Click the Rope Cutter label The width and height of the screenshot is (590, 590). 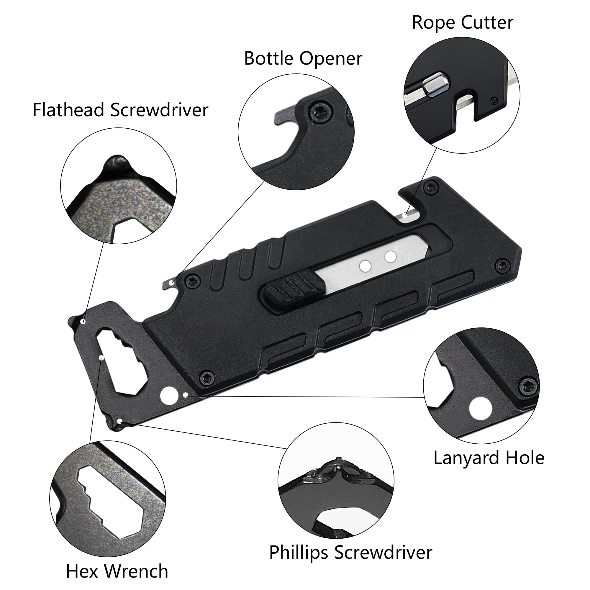coord(462,23)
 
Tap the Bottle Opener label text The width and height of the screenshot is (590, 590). coord(303,58)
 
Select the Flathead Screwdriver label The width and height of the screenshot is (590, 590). coord(120,110)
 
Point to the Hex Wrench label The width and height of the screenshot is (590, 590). coord(117,571)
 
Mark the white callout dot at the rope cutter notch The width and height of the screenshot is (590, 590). coord(405,215)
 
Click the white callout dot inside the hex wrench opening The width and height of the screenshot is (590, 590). coord(102,358)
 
